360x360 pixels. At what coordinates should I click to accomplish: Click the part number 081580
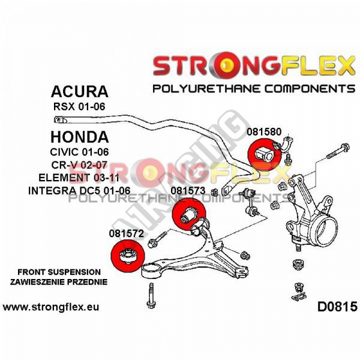click(x=264, y=132)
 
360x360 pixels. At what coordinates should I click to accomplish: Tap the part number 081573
click(x=188, y=191)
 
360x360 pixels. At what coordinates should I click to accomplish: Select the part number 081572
click(x=126, y=233)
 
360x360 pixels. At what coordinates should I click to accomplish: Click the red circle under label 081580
click(x=265, y=155)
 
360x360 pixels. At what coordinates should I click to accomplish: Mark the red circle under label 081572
click(x=128, y=256)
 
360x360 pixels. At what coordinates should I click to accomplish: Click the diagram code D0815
click(x=337, y=307)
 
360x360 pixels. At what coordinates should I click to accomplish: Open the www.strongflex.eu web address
click(x=51, y=307)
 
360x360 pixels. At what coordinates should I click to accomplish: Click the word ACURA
click(x=79, y=91)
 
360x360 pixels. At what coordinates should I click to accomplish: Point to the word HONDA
click(x=79, y=137)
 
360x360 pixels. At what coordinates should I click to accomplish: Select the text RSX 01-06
click(x=79, y=107)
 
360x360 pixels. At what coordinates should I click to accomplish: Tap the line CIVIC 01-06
click(x=79, y=152)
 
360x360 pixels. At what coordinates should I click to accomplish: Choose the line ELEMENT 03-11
click(x=79, y=178)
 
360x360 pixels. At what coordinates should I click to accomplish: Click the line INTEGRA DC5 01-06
click(x=79, y=191)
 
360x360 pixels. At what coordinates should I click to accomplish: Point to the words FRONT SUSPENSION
click(x=59, y=272)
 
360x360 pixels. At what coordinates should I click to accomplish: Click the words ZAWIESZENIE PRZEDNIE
click(x=59, y=282)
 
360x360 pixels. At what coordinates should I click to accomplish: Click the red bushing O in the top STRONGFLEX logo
click(x=226, y=65)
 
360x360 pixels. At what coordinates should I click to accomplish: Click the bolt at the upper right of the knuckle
click(x=338, y=151)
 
